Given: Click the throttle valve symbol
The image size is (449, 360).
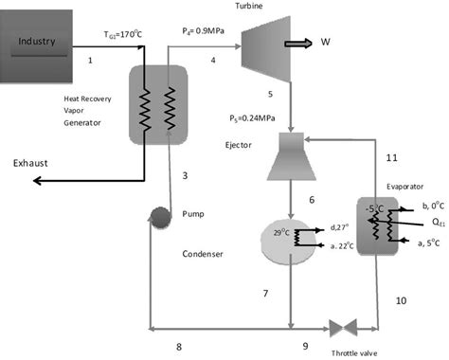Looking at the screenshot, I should [x=340, y=328].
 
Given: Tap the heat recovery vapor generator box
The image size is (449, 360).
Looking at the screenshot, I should [x=151, y=103].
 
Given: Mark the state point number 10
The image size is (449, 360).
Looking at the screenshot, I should [x=401, y=301].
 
